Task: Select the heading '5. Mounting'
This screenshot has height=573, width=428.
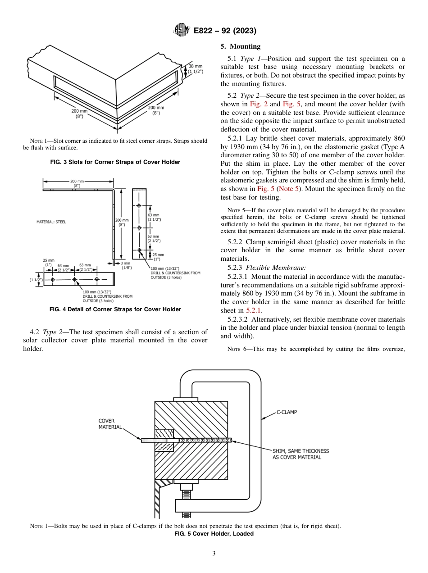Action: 241,46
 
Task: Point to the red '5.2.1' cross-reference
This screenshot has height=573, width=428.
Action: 254,310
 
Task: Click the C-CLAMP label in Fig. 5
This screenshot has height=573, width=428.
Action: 287,412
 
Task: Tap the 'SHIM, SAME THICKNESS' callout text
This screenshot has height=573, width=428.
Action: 301,451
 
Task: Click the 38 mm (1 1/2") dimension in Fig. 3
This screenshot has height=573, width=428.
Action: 195,68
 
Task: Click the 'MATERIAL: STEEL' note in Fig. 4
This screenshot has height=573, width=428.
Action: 51,222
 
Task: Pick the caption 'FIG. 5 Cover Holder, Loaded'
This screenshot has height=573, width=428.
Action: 214,534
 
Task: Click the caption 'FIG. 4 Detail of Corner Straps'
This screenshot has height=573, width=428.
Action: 115,309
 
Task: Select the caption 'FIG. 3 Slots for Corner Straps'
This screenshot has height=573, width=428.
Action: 115,162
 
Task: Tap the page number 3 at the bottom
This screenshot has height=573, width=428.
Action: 214,554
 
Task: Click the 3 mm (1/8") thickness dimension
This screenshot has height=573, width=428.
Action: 126,265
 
